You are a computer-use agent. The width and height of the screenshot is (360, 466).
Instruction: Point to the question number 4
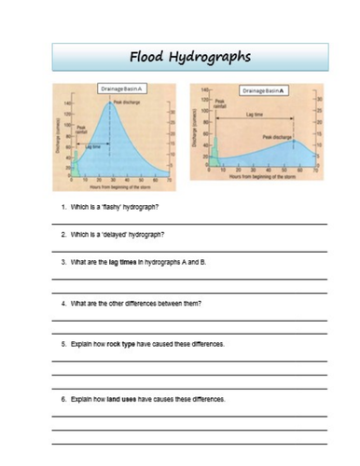(62, 304)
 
